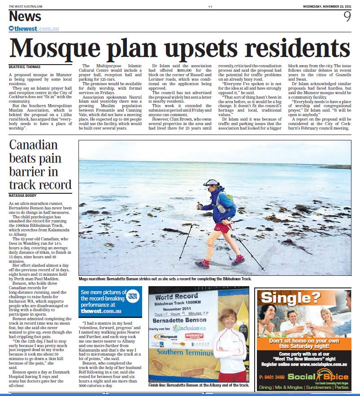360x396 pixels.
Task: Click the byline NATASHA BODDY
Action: (x=22, y=196)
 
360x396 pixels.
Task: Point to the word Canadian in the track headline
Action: (x=34, y=146)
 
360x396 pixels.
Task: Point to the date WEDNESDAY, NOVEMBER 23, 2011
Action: (x=327, y=6)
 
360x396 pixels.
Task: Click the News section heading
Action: (x=25, y=17)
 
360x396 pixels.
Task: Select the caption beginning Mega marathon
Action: (x=165, y=279)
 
